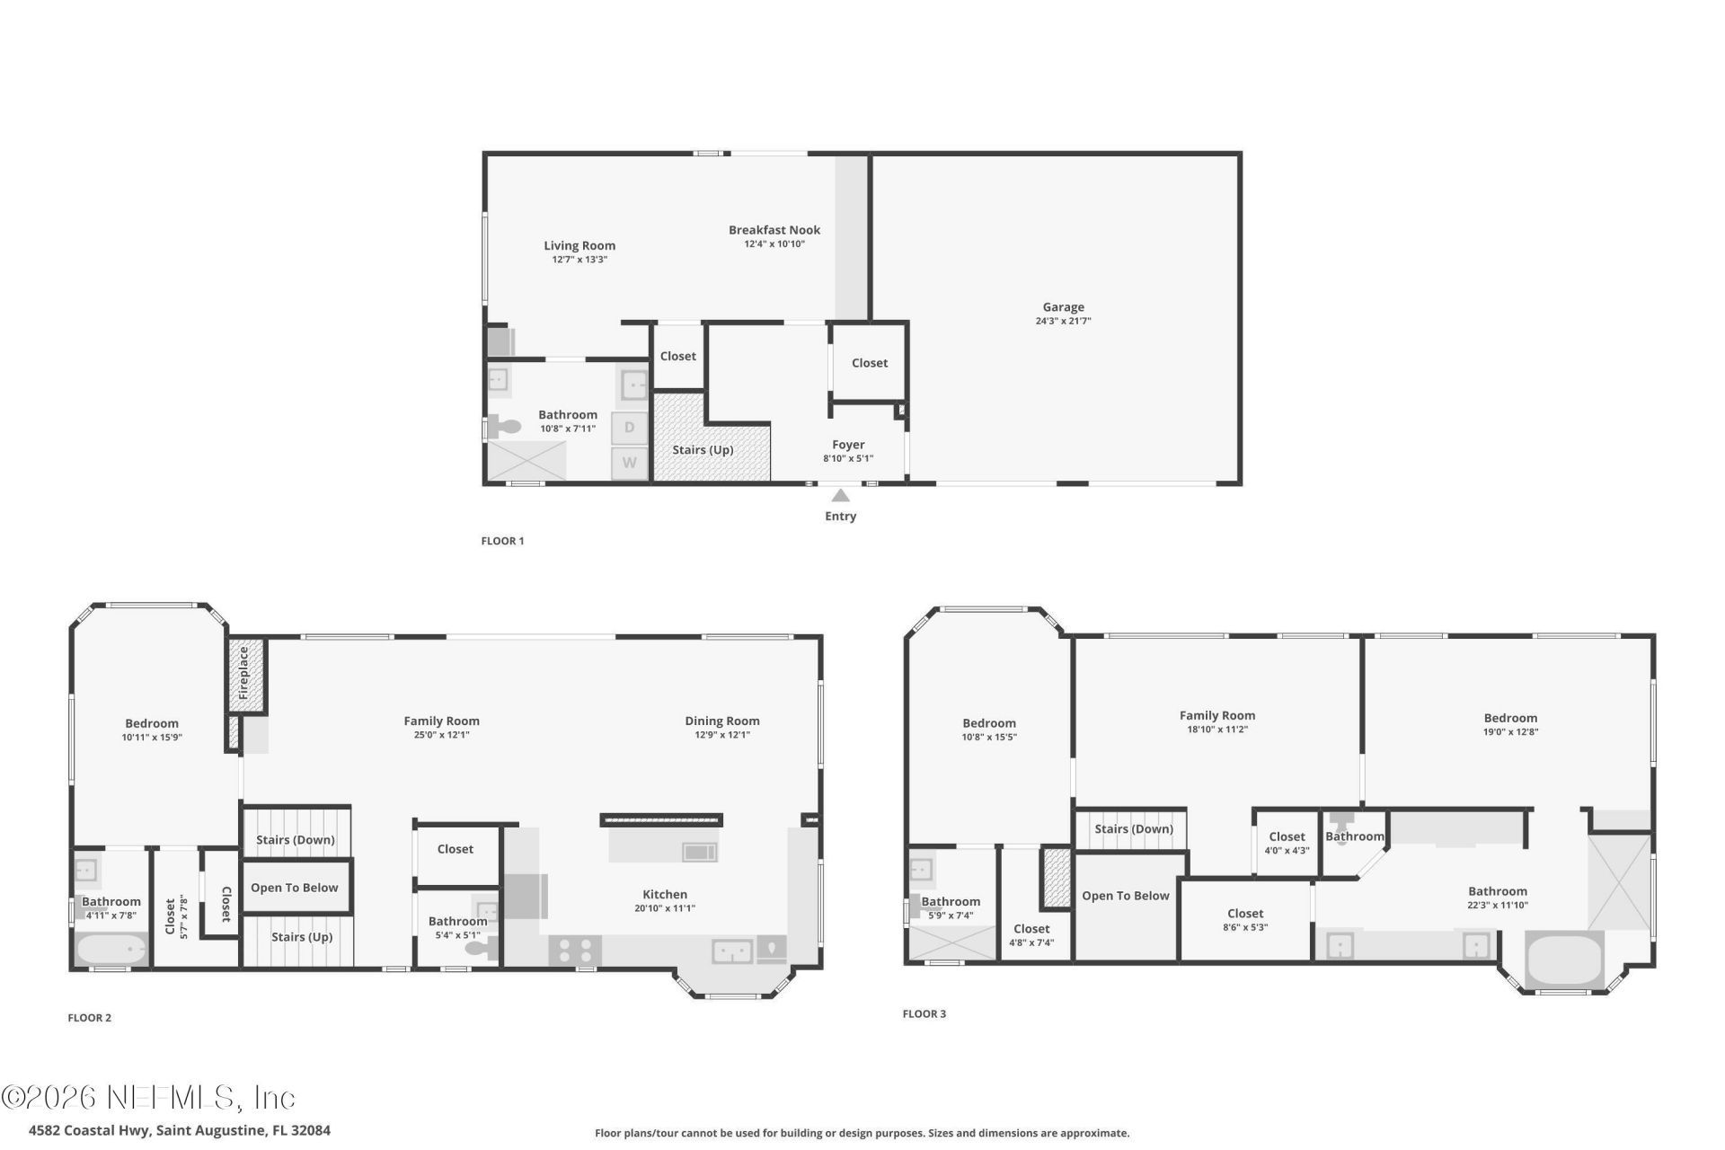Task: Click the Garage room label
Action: click(x=1063, y=307)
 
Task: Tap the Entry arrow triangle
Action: click(x=840, y=496)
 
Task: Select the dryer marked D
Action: click(x=629, y=428)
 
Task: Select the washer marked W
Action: click(x=630, y=464)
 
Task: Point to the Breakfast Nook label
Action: click(x=774, y=230)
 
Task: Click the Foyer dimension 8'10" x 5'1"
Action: click(x=848, y=458)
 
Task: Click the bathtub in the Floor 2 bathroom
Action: click(x=111, y=950)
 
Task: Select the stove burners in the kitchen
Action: click(x=576, y=950)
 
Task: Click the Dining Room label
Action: click(x=721, y=721)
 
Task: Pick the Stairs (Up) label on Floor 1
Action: click(x=703, y=449)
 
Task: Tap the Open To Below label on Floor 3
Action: click(x=1125, y=896)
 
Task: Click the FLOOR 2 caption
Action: click(x=90, y=1018)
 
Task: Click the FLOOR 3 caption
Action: click(x=924, y=1013)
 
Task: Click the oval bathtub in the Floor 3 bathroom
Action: click(x=1564, y=959)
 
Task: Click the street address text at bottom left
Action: click(x=180, y=1130)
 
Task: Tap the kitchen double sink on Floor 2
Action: click(x=732, y=951)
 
